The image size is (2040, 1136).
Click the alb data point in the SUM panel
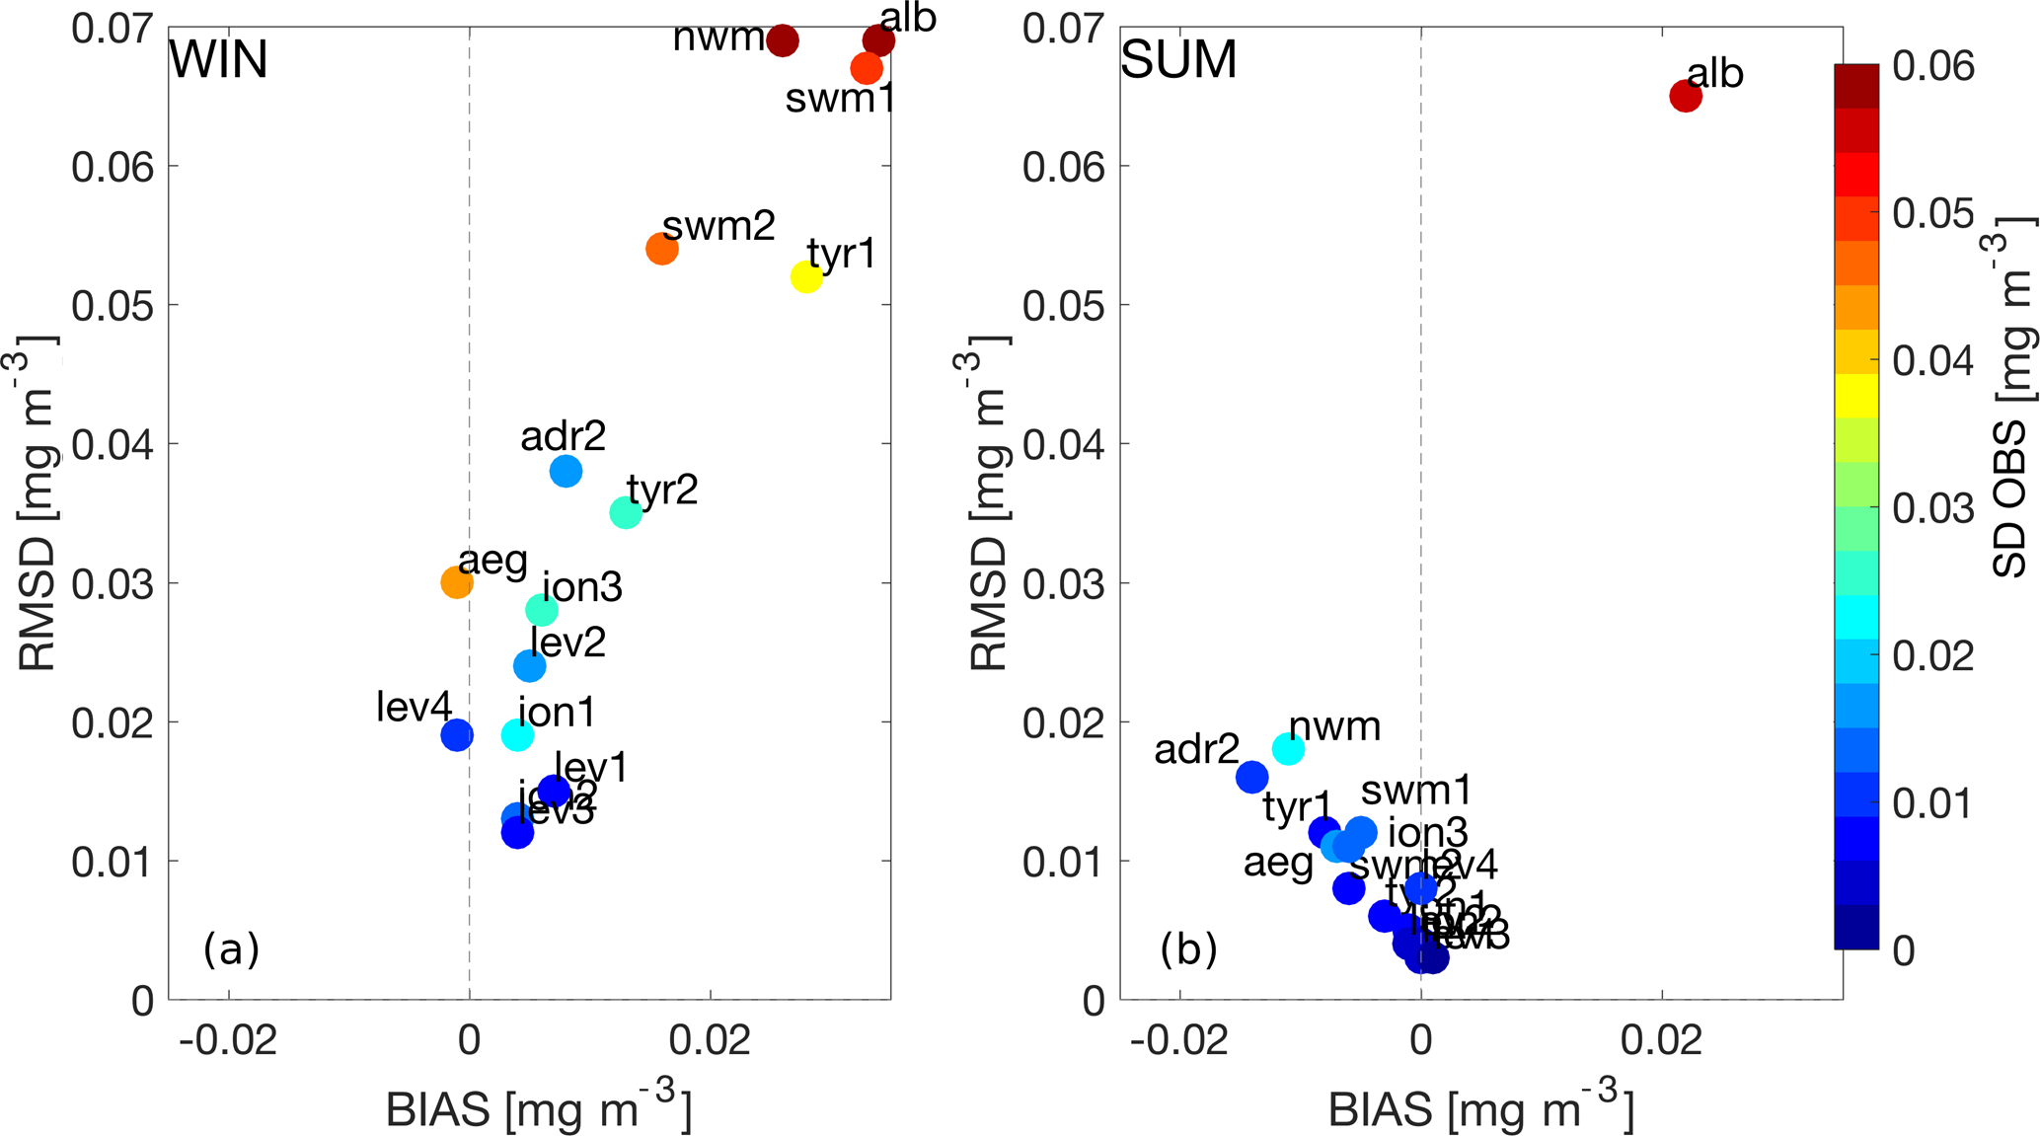[1685, 97]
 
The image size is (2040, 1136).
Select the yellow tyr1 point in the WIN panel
[806, 277]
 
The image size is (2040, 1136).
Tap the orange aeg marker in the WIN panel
[456, 582]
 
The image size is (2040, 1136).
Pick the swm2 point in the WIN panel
[662, 249]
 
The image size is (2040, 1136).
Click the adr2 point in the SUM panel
[1251, 777]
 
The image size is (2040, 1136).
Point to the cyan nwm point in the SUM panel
[1288, 749]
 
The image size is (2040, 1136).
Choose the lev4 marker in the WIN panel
[456, 734]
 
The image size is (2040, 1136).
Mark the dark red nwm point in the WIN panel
[782, 41]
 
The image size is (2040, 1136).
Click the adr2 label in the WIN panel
[563, 436]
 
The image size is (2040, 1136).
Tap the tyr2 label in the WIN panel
[662, 490]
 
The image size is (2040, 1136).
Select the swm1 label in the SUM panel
[1416, 791]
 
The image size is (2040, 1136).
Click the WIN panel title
[218, 60]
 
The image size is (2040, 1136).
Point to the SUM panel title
[1178, 60]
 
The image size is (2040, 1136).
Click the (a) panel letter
[231, 949]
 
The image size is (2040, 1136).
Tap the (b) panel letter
[1188, 949]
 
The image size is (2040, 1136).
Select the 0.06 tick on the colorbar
[1933, 66]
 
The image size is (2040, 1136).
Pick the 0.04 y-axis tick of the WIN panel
[113, 444]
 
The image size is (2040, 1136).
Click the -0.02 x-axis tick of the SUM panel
[1179, 1040]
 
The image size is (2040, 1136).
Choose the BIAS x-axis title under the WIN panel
[538, 1109]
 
